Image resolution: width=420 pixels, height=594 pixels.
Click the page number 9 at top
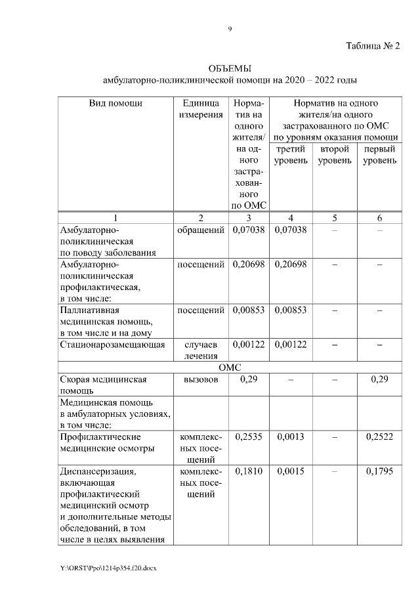click(230, 28)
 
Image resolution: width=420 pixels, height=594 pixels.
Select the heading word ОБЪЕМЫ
click(230, 69)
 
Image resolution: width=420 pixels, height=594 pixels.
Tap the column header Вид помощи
click(115, 103)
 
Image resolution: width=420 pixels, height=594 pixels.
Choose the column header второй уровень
click(335, 155)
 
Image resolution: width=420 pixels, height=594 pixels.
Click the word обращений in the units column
click(201, 230)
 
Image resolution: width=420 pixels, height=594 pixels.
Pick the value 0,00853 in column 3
click(248, 310)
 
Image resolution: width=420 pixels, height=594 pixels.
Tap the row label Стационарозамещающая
click(112, 344)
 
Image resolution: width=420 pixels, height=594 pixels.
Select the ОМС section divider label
click(230, 368)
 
